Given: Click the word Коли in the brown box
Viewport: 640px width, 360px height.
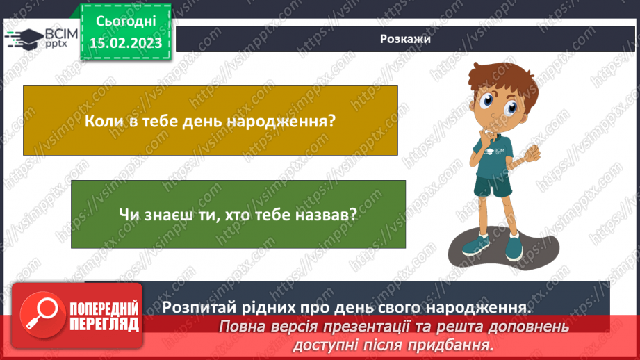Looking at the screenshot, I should point(101,120).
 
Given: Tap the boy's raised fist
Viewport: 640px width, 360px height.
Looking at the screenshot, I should point(534,151).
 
